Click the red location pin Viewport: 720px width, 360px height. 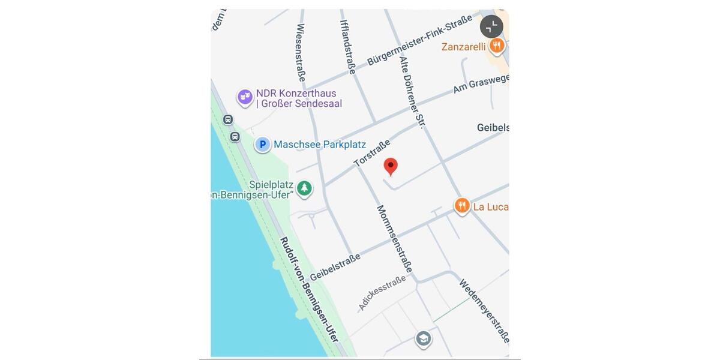pos(391,166)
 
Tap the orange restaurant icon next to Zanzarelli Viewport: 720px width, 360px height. pos(496,45)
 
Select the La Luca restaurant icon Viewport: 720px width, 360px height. pos(461,206)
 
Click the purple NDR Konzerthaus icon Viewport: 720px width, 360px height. pos(245,97)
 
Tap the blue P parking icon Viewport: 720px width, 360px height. pos(262,144)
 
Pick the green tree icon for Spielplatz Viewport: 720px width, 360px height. pos(305,188)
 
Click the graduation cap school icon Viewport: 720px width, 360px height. pos(424,339)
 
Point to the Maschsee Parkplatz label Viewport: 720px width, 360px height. pos(319,145)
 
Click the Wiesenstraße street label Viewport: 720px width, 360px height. pos(301,52)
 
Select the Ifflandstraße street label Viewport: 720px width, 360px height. pos(348,47)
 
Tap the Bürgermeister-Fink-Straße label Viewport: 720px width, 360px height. pos(419,40)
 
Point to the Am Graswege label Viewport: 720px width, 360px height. pos(481,83)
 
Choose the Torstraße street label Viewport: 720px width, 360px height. pos(372,154)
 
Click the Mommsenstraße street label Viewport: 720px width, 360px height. pos(394,238)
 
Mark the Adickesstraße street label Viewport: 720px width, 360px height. pos(382,293)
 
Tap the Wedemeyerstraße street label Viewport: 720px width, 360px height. pos(484,310)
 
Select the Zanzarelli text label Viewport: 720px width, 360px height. pos(463,47)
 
